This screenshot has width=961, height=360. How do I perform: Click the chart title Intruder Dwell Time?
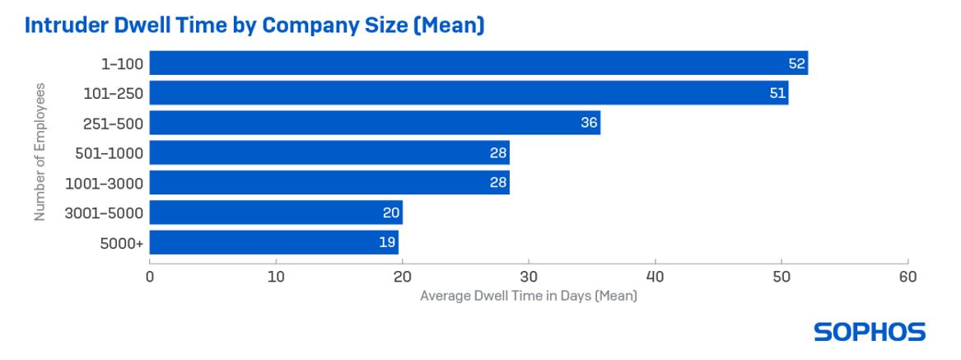254,26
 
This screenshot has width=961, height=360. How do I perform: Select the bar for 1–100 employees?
478,63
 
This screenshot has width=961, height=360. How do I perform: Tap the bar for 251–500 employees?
375,124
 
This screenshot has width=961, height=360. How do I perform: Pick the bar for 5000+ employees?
273,243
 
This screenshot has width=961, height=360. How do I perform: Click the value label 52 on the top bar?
795,63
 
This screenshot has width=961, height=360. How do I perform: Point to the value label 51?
777,93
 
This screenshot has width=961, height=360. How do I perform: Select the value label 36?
588,124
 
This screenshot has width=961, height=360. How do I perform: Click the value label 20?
391,213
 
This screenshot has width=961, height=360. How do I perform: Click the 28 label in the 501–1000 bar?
497,153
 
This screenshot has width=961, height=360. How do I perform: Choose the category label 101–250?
113,94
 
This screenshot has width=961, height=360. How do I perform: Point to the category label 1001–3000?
105,183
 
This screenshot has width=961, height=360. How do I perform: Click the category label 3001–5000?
104,213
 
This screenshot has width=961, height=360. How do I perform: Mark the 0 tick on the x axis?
150,277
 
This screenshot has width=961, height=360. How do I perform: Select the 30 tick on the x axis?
529,277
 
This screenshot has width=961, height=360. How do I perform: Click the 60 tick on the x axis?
907,277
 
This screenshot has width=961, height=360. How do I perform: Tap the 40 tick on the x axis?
655,277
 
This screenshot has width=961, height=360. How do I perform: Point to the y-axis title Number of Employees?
39,152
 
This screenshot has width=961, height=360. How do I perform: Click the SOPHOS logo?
869,332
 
